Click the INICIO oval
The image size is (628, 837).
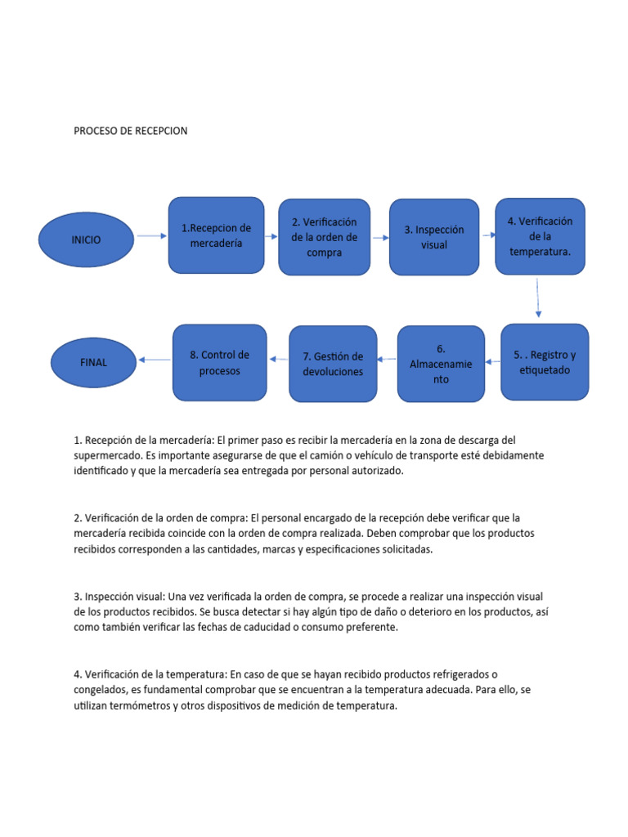pyautogui.click(x=87, y=239)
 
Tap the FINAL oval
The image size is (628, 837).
pyautogui.click(x=93, y=361)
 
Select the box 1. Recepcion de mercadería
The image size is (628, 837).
pyautogui.click(x=216, y=235)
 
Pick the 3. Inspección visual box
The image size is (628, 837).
pyautogui.click(x=433, y=237)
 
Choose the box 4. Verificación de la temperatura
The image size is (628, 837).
pyautogui.click(x=540, y=235)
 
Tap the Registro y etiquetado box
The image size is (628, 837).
pyautogui.click(x=545, y=362)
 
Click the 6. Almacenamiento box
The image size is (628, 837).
pyautogui.click(x=441, y=364)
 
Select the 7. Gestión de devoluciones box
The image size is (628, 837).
pyautogui.click(x=333, y=364)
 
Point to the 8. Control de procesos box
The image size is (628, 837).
pyautogui.click(x=220, y=363)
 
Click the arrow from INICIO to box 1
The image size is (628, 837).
pyautogui.click(x=151, y=236)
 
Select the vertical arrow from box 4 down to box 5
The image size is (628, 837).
pyautogui.click(x=538, y=298)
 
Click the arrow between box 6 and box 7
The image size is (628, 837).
pyautogui.click(x=387, y=359)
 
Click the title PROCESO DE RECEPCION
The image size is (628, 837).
pyautogui.click(x=131, y=131)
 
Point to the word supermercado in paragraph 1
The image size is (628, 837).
pyautogui.click(x=107, y=455)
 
